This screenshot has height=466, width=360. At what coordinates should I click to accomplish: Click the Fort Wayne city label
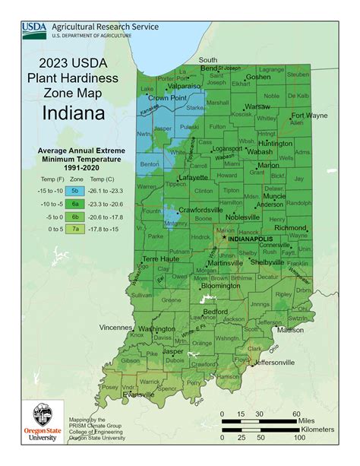coord(308,116)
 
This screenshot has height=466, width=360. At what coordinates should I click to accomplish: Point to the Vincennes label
coord(118,328)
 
